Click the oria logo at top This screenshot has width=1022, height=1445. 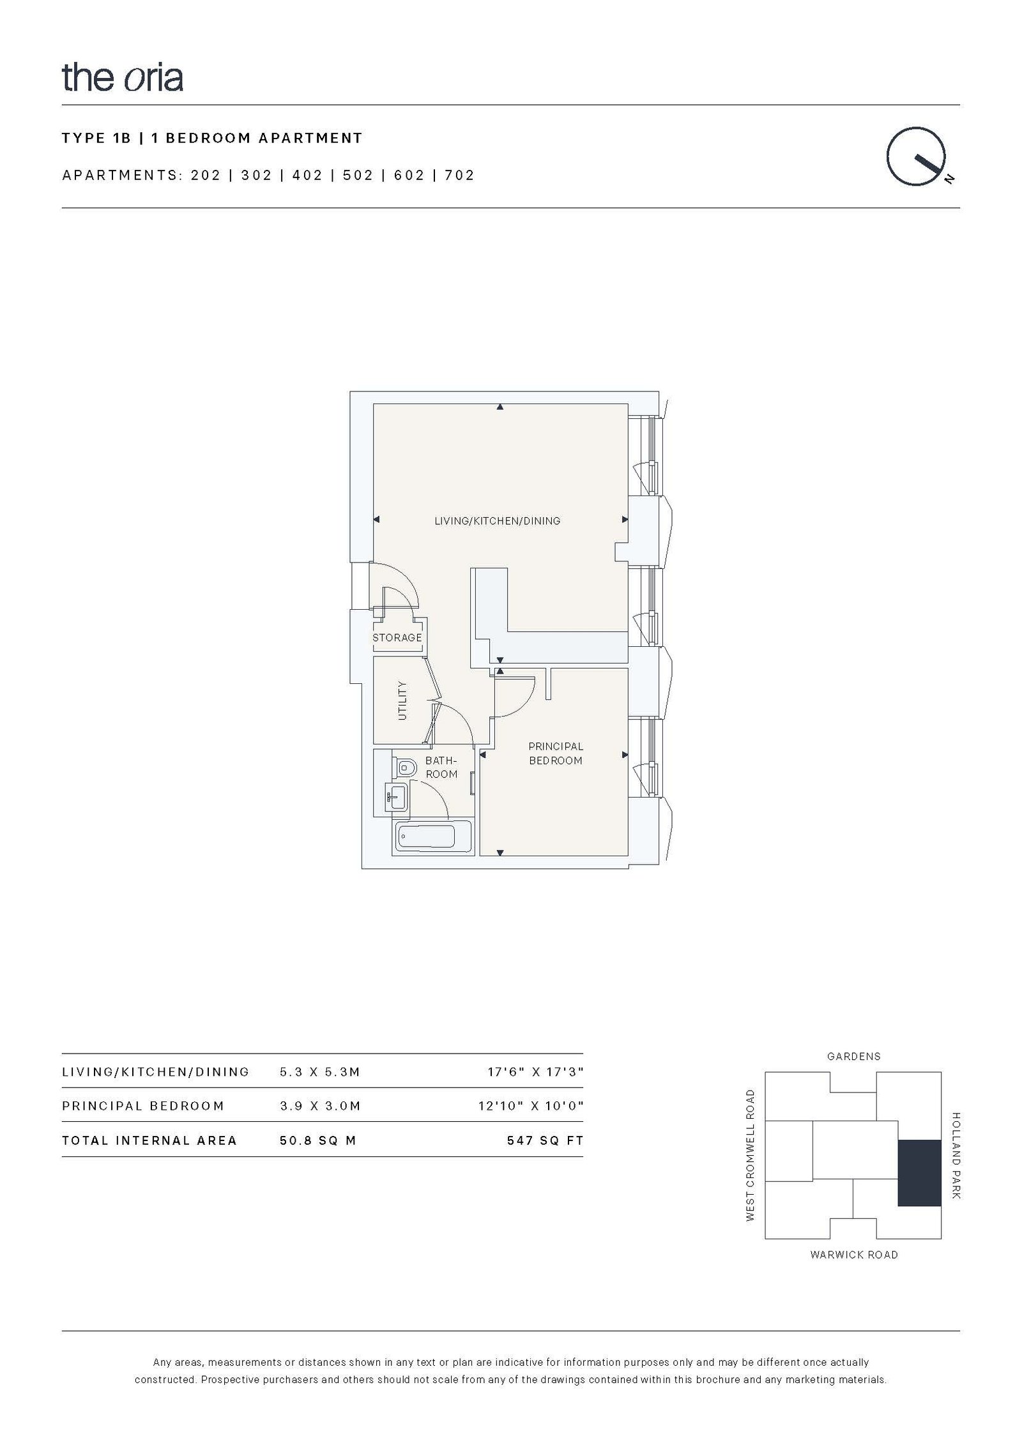(123, 77)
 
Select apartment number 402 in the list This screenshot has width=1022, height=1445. (307, 176)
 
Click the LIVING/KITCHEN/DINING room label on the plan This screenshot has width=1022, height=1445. (497, 521)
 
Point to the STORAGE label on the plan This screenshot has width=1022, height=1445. (397, 638)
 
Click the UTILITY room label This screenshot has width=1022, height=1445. (402, 700)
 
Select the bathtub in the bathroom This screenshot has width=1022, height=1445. (425, 836)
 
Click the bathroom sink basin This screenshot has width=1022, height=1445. (397, 798)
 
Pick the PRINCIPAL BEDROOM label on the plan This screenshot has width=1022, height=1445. (556, 753)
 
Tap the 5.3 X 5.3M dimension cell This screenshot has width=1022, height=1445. (320, 1072)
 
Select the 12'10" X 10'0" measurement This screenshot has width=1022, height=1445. (531, 1106)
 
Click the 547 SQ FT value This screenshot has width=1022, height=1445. (545, 1140)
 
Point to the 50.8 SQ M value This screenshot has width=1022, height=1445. (317, 1140)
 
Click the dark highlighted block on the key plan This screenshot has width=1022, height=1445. (919, 1173)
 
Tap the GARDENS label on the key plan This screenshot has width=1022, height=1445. (853, 1057)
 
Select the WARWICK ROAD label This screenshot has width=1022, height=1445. (854, 1255)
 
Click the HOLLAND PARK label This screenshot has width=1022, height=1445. (956, 1156)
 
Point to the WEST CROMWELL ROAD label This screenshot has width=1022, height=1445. (751, 1155)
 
